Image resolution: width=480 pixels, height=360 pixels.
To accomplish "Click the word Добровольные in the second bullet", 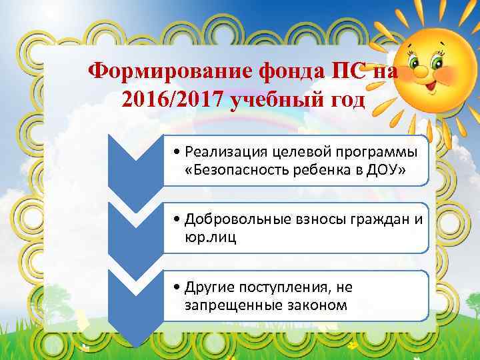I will click(229, 219).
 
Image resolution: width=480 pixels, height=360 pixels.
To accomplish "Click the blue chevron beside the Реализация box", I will click(137, 167).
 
